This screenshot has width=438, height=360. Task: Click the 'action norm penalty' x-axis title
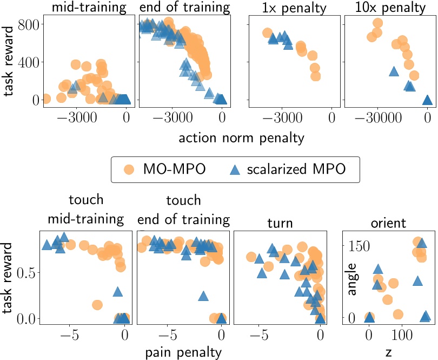click(x=241, y=138)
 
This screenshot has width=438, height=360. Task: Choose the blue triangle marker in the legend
click(x=235, y=169)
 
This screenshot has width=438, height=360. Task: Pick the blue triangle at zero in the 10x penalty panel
click(x=427, y=99)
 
